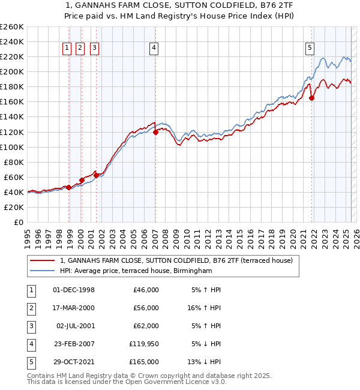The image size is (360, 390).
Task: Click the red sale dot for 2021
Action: pos(311,98)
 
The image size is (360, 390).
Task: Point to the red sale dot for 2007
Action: pos(155,132)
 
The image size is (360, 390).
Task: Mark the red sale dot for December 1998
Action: pos(69,187)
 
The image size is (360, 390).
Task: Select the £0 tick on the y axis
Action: pos(18,222)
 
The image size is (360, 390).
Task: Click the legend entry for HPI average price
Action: pos(136,271)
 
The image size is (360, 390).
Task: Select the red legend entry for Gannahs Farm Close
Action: pos(176,260)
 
